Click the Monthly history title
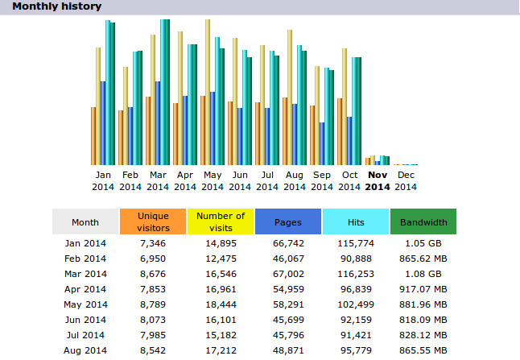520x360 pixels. click(56, 6)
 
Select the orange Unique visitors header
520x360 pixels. click(153, 221)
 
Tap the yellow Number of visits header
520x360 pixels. click(221, 221)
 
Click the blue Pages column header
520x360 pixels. click(288, 221)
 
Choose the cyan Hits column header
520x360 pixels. click(356, 221)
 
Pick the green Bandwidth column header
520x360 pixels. click(423, 221)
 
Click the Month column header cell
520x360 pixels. click(85, 221)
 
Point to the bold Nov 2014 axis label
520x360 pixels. click(378, 180)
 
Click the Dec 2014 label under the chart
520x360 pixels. click(406, 180)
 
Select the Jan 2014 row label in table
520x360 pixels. click(85, 242)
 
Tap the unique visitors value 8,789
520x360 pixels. click(153, 304)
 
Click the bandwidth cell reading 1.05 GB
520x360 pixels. click(423, 242)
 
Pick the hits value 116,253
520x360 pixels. click(356, 273)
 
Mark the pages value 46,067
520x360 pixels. click(288, 258)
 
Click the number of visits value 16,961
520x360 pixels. click(221, 288)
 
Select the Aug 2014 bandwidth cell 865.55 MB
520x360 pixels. click(423, 350)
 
